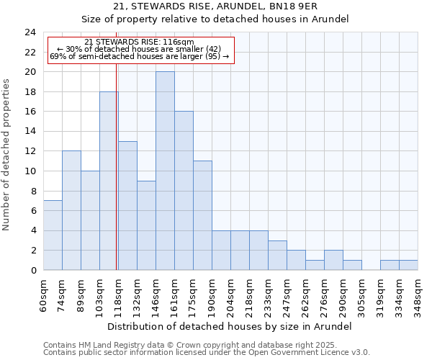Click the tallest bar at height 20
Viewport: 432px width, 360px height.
pos(165,171)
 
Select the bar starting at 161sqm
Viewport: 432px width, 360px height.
pos(184,191)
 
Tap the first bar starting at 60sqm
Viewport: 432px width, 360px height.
pos(53,235)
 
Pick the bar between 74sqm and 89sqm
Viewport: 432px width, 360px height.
pos(71,210)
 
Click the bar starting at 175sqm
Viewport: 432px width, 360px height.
pos(202,215)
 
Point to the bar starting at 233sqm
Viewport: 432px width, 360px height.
pos(277,255)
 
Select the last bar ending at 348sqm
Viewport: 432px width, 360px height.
pos(408,265)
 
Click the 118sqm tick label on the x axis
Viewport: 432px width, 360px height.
pos(119,294)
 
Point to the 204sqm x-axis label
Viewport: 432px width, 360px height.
pos(231,294)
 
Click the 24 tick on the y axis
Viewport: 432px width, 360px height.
pos(30,32)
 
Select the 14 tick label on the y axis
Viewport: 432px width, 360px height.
pos(30,132)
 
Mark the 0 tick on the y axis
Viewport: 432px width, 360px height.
pos(33,270)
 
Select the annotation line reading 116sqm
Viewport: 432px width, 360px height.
pos(139,42)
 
